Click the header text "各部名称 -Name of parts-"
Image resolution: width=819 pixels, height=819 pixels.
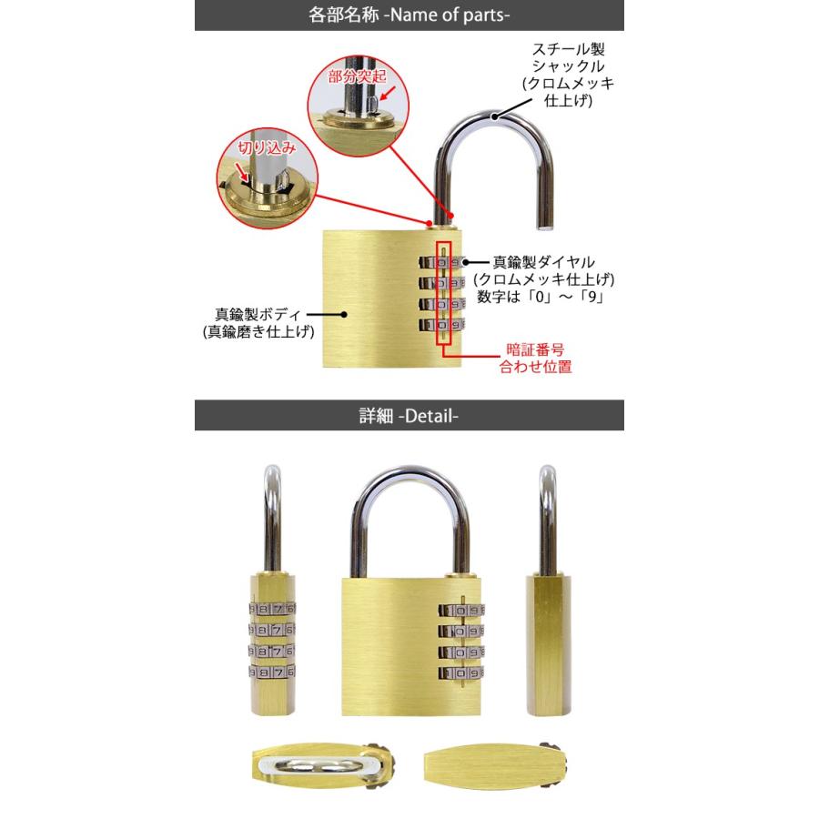tap(409, 15)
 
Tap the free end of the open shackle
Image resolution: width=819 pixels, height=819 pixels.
tap(542, 220)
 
